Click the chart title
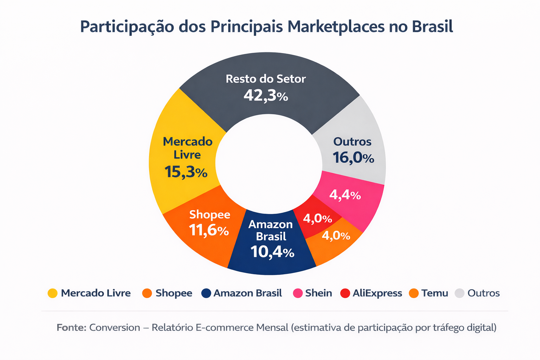click(x=266, y=27)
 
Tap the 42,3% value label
click(x=266, y=96)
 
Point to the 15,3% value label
click(x=186, y=172)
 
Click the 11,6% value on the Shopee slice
click(x=209, y=230)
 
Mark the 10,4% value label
click(x=272, y=252)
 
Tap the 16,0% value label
click(x=353, y=158)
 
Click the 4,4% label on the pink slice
click(x=345, y=195)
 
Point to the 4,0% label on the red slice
click(x=317, y=219)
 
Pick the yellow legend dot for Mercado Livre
click(x=52, y=293)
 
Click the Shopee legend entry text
click(x=174, y=293)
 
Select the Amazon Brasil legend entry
click(x=247, y=293)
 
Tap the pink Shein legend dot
click(x=298, y=293)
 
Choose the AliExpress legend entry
click(x=377, y=293)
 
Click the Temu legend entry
click(x=435, y=293)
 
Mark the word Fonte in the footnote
click(x=71, y=328)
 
